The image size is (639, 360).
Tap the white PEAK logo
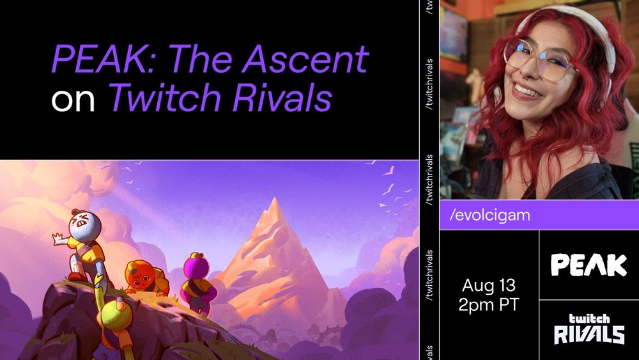[x=589, y=264]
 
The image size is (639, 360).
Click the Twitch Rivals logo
[x=589, y=329]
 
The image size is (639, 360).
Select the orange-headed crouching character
[x=142, y=276]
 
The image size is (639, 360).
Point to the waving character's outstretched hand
[x=58, y=240]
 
